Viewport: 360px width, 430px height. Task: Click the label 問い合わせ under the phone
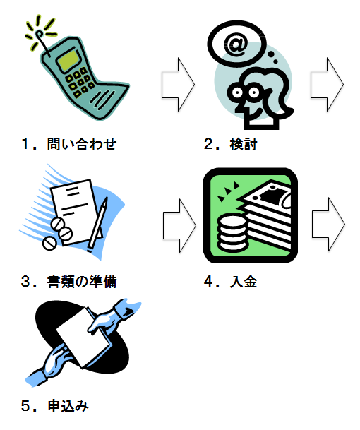(82, 144)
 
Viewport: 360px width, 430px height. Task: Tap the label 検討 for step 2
(244, 144)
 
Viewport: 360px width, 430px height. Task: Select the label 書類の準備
(82, 282)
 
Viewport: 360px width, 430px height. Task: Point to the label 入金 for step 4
(244, 282)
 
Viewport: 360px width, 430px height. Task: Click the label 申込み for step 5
(68, 405)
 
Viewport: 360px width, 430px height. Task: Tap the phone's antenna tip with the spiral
(39, 35)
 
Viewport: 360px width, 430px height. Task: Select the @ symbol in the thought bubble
(236, 43)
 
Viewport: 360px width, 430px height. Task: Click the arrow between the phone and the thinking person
(178, 85)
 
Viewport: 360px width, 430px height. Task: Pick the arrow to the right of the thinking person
(327, 85)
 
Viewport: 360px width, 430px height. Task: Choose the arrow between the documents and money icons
(179, 226)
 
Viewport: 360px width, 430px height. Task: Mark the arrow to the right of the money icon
(328, 225)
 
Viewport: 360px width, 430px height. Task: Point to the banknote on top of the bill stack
(268, 194)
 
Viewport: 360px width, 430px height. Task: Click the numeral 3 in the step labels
(25, 282)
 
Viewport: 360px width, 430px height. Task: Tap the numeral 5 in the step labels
(25, 406)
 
